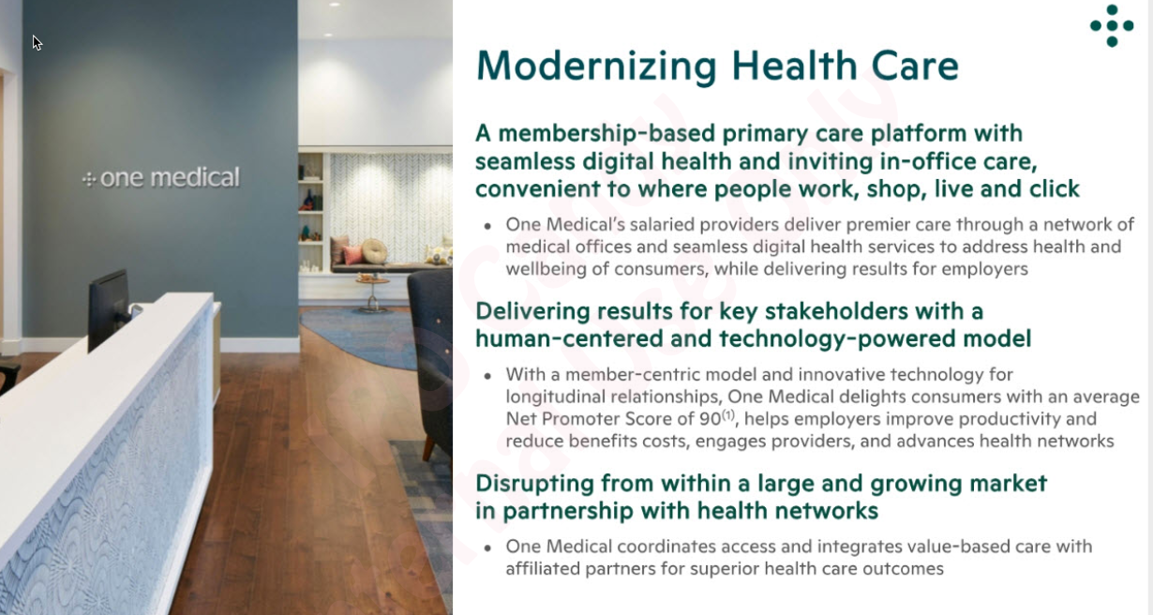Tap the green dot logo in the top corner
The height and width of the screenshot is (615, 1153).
pos(1112,25)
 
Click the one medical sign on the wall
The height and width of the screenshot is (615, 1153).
pos(160,177)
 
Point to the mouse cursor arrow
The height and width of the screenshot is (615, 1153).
pos(37,42)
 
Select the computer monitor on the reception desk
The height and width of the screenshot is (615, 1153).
pos(108,308)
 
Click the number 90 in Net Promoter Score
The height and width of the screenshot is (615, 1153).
pos(709,419)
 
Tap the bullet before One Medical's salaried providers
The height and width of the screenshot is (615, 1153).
pos(487,226)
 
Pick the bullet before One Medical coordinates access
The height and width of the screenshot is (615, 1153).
pos(487,547)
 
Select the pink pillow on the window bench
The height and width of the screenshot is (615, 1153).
pos(352,255)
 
